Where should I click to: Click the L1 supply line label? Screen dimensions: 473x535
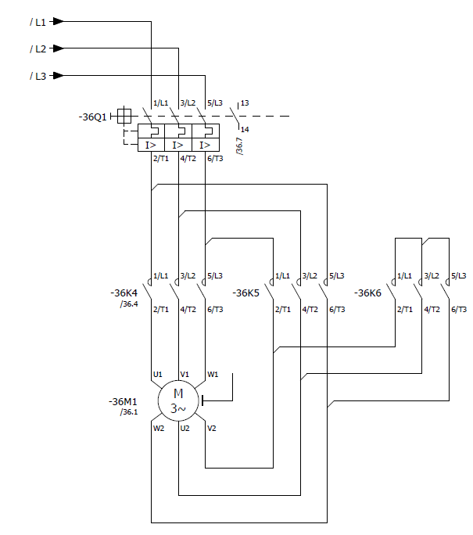tap(38, 22)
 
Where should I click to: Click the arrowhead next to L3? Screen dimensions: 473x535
tap(58, 75)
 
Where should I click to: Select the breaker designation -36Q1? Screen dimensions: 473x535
tap(92, 117)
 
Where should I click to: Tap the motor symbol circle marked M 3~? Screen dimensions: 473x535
tap(178, 401)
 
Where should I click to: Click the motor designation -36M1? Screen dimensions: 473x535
tap(123, 401)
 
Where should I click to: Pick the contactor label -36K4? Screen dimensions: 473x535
tap(124, 293)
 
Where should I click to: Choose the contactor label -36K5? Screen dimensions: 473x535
tap(245, 293)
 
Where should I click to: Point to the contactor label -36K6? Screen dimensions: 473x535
tap(367, 293)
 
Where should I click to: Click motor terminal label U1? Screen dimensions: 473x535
tap(158, 375)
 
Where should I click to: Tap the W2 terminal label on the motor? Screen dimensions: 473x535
tap(159, 428)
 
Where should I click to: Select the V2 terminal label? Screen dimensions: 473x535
tap(212, 428)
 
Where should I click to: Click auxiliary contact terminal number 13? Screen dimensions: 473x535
tap(245, 102)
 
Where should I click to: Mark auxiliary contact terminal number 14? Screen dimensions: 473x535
tap(245, 129)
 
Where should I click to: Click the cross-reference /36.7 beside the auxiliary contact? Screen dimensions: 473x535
tap(240, 146)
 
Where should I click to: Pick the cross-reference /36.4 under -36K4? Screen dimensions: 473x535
tap(129, 304)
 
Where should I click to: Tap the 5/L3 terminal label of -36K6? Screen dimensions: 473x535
tap(459, 275)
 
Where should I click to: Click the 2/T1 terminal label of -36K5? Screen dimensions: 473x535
tap(283, 310)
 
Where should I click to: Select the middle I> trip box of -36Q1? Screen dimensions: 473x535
tap(178, 145)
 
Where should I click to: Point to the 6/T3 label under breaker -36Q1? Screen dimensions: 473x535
tap(215, 158)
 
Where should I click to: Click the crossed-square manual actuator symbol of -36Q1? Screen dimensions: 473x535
tap(124, 116)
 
